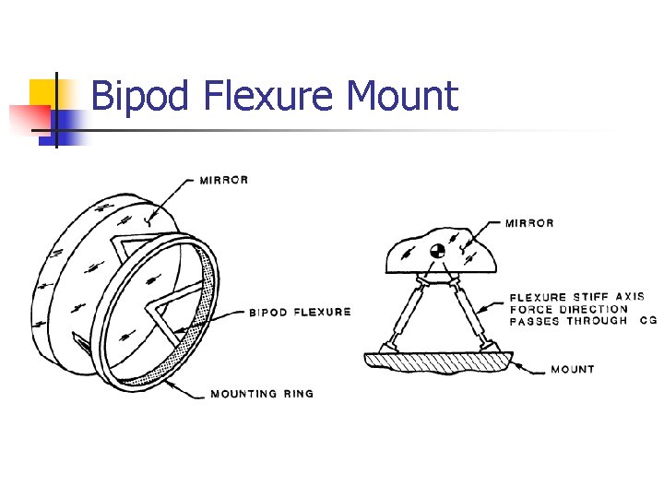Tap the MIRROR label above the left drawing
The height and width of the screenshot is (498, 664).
click(x=224, y=181)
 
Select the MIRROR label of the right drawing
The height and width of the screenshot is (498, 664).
click(x=529, y=223)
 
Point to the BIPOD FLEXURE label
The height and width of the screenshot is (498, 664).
click(x=300, y=312)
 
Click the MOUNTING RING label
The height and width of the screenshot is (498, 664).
click(x=262, y=394)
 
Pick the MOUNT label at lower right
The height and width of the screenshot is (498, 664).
click(x=572, y=369)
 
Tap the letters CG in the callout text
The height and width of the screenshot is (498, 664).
click(x=647, y=322)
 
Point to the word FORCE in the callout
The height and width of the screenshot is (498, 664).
click(x=530, y=310)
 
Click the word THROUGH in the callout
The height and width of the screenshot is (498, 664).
click(x=596, y=322)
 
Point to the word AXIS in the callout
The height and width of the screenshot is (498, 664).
click(x=630, y=298)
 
